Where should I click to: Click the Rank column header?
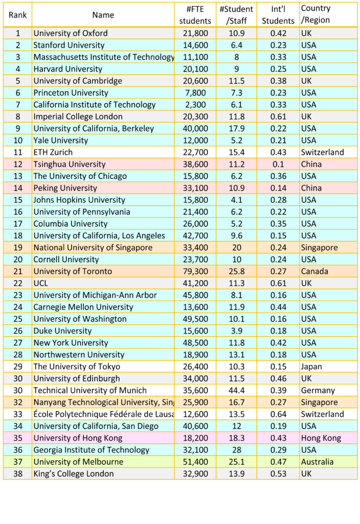click(17, 15)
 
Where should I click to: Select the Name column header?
click(103, 15)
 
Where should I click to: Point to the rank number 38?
click(17, 474)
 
